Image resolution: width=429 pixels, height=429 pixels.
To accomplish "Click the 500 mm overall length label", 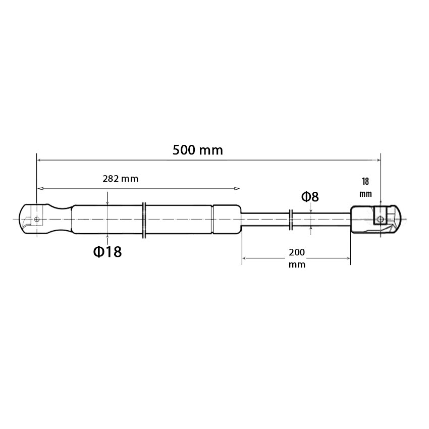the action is click(x=198, y=150).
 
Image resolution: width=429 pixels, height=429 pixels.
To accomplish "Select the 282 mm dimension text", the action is click(x=121, y=179).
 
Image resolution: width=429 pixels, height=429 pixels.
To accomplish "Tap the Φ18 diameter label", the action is click(x=107, y=252).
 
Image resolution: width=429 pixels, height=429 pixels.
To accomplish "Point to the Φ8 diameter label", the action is click(x=310, y=197).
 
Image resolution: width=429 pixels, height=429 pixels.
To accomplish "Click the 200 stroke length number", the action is click(x=297, y=252).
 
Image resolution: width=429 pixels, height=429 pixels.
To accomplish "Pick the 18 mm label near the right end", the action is click(x=365, y=187).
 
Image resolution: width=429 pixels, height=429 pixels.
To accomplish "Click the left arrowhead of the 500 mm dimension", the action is click(x=39, y=160).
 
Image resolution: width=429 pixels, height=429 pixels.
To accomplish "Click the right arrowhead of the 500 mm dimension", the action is click(x=378, y=160).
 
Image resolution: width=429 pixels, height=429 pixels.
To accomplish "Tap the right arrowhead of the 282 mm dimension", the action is click(x=237, y=189).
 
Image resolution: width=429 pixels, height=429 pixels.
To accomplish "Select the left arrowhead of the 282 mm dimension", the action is click(x=40, y=189).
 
